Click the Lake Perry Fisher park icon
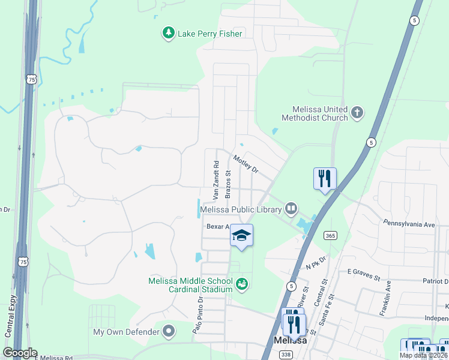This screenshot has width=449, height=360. (x=169, y=33)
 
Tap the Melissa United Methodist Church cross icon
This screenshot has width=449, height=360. (x=357, y=112)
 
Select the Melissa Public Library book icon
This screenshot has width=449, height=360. (x=291, y=209)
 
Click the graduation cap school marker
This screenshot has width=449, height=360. (x=241, y=235)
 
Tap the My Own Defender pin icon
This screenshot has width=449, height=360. (x=169, y=331)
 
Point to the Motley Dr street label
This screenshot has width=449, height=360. (x=246, y=164)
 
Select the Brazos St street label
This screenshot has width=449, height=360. (x=228, y=183)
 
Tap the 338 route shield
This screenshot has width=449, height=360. (x=286, y=355)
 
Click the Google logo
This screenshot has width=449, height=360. (x=20, y=353)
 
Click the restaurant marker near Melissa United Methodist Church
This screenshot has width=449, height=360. (x=325, y=178)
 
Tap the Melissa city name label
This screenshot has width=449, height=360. (x=290, y=340)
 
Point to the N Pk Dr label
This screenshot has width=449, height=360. (x=315, y=262)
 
